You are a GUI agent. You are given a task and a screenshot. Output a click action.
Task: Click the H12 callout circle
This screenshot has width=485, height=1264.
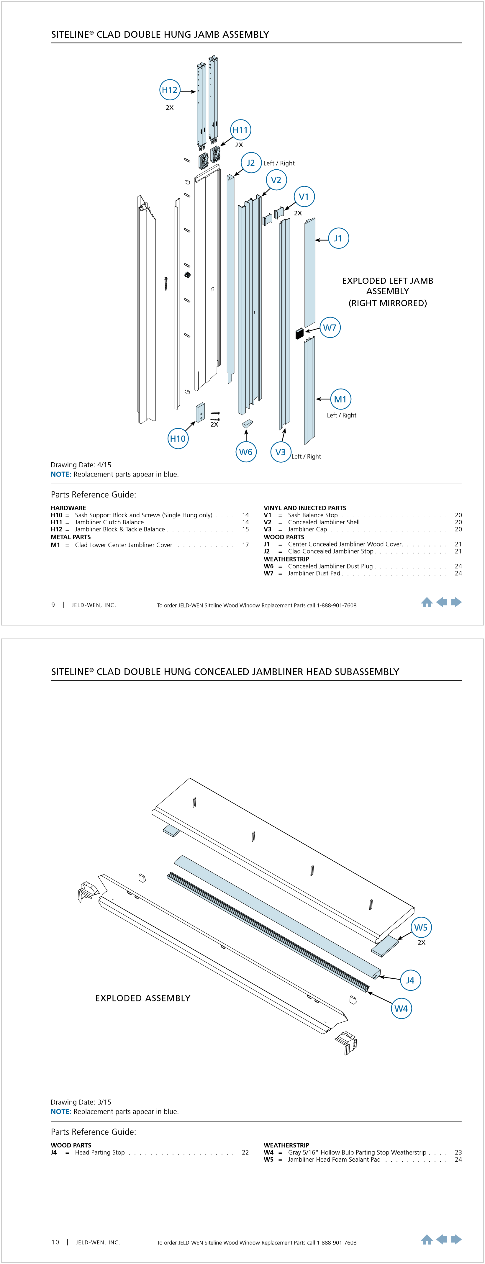pos(170,90)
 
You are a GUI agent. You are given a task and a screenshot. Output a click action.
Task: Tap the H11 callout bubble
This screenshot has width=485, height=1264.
pos(240,130)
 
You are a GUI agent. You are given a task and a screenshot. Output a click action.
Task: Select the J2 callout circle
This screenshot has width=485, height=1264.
pos(250,163)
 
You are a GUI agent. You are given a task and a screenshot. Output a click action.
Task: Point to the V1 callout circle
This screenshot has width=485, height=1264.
pos(304,197)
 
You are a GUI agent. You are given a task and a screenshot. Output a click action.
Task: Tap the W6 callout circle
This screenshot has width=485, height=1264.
pos(246,452)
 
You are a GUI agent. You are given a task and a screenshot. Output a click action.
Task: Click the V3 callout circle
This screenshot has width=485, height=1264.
pos(281,452)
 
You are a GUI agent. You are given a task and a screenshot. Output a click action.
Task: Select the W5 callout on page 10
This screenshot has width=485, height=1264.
pos(421,927)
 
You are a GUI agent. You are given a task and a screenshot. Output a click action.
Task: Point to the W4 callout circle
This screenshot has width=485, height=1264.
pos(401,1008)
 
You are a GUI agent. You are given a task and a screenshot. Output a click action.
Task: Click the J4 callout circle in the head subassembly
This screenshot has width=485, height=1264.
pos(410,980)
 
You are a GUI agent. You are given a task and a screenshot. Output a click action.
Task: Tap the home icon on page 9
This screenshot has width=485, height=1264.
pos(427,602)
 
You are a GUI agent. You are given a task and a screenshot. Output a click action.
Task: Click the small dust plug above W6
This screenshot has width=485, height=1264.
pos(247,423)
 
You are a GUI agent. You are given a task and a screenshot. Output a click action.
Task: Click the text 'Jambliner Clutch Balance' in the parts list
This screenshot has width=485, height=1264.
pos(109,522)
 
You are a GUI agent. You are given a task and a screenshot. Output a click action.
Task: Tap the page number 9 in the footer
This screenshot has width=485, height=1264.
pos(53,605)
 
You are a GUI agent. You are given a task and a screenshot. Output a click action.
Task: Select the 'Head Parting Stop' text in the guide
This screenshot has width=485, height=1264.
pos(99,1152)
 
